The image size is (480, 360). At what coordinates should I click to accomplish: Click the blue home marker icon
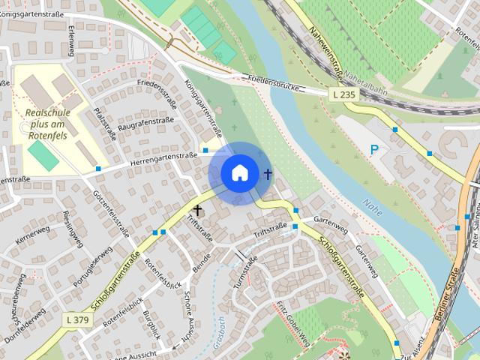pos(239,172)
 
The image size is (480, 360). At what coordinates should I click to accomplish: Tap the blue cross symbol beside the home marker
pos(268,174)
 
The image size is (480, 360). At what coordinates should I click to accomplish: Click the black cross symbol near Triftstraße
pos(198,211)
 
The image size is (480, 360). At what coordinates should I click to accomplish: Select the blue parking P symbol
pos(374,150)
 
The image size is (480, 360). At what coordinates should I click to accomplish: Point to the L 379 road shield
pos(76,320)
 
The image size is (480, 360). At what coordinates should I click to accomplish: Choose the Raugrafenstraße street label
pos(146,124)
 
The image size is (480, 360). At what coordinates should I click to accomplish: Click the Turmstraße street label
pos(245,271)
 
